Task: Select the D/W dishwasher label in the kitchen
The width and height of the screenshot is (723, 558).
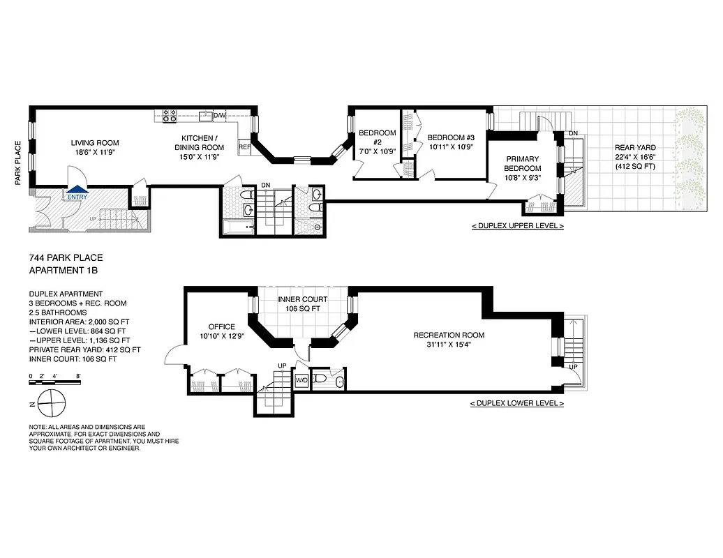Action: (x=219, y=115)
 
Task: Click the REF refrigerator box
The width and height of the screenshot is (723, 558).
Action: (x=244, y=148)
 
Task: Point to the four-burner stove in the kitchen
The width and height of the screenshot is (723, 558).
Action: (x=169, y=116)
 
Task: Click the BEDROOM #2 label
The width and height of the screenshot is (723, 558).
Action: (x=377, y=133)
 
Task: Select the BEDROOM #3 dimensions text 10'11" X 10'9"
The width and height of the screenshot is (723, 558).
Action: (x=450, y=147)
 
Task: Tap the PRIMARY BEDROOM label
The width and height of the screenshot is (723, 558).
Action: (x=523, y=164)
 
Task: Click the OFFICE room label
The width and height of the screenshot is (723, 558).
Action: (x=221, y=326)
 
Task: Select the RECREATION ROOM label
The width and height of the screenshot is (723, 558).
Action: (x=449, y=335)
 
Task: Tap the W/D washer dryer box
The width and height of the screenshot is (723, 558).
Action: (x=302, y=380)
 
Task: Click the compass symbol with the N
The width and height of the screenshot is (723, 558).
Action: (x=49, y=402)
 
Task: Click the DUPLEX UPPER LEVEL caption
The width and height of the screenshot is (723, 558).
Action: (x=517, y=227)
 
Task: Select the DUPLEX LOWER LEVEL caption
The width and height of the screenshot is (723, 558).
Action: (x=517, y=404)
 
